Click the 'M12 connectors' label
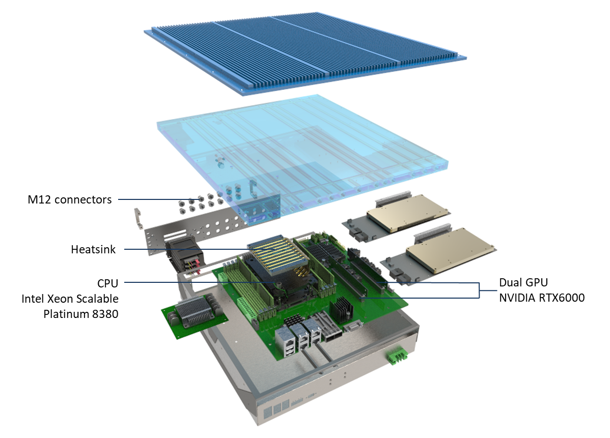pyautogui.click(x=70, y=199)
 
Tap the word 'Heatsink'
pyautogui.click(x=93, y=249)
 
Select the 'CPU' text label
pyautogui.click(x=108, y=283)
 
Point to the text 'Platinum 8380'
pyautogui.click(x=81, y=314)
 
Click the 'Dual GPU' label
pyautogui.click(x=523, y=282)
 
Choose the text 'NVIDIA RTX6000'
pyautogui.click(x=542, y=298)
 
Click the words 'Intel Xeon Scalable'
pyautogui.click(x=70, y=299)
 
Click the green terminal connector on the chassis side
pyautogui.click(x=397, y=355)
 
